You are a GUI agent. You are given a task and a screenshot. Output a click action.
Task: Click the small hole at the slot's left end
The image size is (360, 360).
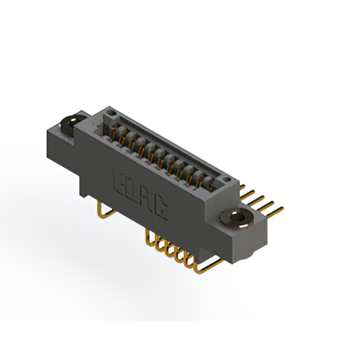[111, 114]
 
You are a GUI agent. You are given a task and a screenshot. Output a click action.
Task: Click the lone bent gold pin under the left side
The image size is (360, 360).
[102, 211]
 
